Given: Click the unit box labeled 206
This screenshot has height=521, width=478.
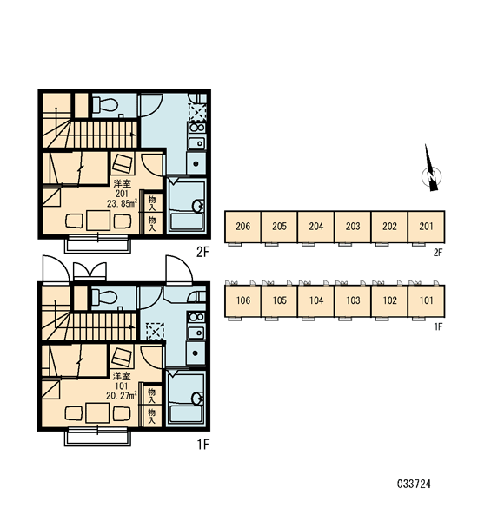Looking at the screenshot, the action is point(242,227).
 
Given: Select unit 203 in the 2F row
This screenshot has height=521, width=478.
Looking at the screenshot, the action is point(353,227).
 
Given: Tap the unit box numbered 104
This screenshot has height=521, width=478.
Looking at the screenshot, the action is point(316,301).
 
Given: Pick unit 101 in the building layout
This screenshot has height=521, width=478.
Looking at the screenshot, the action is point(426,301).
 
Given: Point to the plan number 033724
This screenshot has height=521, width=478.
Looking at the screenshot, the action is point(414,484).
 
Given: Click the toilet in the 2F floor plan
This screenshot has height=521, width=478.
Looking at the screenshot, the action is point(105,104).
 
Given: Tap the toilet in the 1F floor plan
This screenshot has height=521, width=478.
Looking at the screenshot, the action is point(104,297).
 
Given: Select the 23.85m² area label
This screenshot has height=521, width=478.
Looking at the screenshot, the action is point(122,203).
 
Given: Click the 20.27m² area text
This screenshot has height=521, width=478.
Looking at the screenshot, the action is point(122,396).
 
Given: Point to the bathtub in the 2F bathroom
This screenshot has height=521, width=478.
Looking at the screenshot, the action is point(186,222).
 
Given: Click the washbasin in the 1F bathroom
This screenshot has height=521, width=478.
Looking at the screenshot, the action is point(198,399).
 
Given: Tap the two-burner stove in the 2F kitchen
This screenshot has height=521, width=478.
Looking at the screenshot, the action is point(197,128).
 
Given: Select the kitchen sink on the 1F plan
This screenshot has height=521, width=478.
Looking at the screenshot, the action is point(196,333).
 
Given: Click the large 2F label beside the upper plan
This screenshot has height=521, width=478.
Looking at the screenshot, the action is point(202,252).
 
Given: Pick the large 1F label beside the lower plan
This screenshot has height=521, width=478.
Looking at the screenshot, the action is point(202,444).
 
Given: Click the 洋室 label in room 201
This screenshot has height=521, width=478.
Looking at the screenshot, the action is point(122,183).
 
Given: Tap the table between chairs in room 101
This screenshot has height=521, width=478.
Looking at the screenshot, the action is point(97,412).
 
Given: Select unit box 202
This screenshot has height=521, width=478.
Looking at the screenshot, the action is point(389,227).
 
